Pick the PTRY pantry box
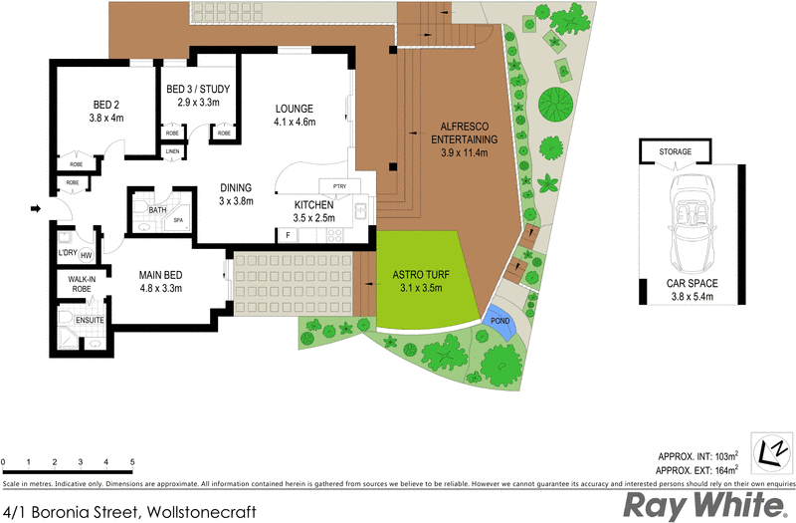pyautogui.click(x=331, y=185)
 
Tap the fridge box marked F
pyautogui.click(x=287, y=235)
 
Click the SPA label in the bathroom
pyautogui.click(x=179, y=220)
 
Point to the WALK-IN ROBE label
pyautogui.click(x=81, y=285)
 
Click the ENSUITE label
pyautogui.click(x=91, y=321)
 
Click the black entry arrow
pyautogui.click(x=36, y=208)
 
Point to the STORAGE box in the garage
pyautogui.click(x=676, y=151)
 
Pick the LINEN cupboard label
pyautogui.click(x=173, y=151)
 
